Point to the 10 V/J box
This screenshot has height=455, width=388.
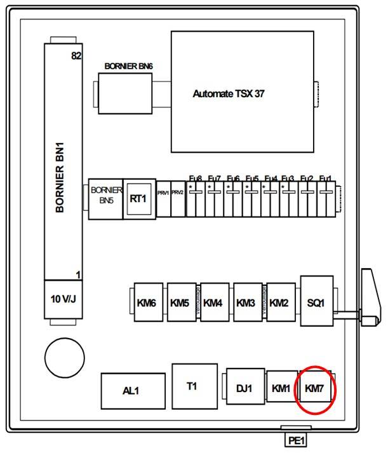point(63,298)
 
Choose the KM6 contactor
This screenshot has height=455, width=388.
point(147,302)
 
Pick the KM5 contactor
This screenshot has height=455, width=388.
point(180,302)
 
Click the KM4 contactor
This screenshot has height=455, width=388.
point(214,302)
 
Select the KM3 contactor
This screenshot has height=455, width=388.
point(246,302)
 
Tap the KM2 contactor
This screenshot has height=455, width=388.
point(279,302)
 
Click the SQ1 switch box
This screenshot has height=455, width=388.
point(316,303)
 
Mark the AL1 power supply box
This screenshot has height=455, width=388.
point(132,390)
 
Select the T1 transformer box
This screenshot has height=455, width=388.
point(192,386)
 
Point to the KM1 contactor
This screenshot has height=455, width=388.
point(281,387)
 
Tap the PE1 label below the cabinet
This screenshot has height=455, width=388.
point(297,439)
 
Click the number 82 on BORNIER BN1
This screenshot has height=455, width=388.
point(76,57)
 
